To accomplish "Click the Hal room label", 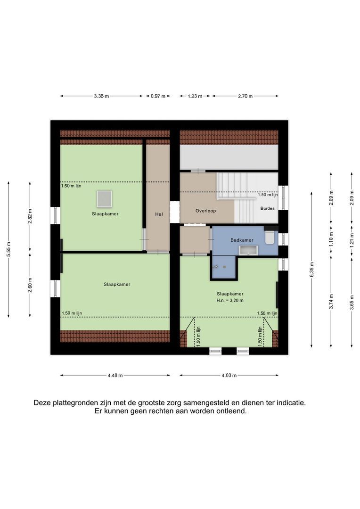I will tap(159, 214).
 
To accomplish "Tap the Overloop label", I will tap(205, 211).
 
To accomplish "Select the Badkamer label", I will tap(242, 240).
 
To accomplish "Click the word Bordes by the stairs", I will tap(267, 208).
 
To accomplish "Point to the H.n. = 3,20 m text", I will tap(229, 300).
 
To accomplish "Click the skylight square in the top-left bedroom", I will tap(104, 199).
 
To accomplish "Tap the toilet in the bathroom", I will tap(270, 237).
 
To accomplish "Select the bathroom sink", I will tap(246, 250).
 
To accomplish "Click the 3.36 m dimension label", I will tap(101, 96).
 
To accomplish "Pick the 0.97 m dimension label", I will tap(158, 96).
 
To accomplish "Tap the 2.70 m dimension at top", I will tap(245, 96).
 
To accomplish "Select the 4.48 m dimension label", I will tap(115, 376).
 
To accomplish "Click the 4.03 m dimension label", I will tap(229, 376).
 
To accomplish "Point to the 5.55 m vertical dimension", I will tap(8, 250).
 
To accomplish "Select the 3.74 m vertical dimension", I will tap(331, 301).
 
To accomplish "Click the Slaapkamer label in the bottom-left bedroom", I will tap(117, 284).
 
